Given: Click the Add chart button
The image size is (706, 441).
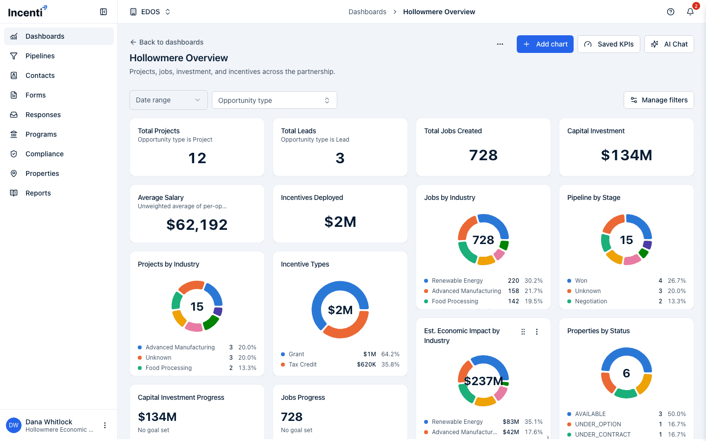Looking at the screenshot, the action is tap(545, 44).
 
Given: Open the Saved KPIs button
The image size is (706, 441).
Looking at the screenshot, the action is tap(608, 44).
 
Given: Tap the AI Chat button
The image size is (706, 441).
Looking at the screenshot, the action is tap(669, 44).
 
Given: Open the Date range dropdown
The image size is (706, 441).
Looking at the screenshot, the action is tap(168, 100).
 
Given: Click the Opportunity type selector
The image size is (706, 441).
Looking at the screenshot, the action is tap(274, 100).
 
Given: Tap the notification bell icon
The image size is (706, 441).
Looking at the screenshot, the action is tap(690, 12).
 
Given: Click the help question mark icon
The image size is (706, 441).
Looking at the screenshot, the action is tap(670, 12).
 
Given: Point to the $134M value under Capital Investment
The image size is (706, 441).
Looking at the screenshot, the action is tap(626, 155).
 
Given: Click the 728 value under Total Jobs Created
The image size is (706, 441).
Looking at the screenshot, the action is tap(483, 155).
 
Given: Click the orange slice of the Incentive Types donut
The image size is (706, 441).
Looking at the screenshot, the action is tap(347, 331).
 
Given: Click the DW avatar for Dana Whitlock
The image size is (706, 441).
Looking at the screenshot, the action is tap(14, 425).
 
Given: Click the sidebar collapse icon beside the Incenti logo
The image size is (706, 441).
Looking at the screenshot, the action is tap(103, 12).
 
